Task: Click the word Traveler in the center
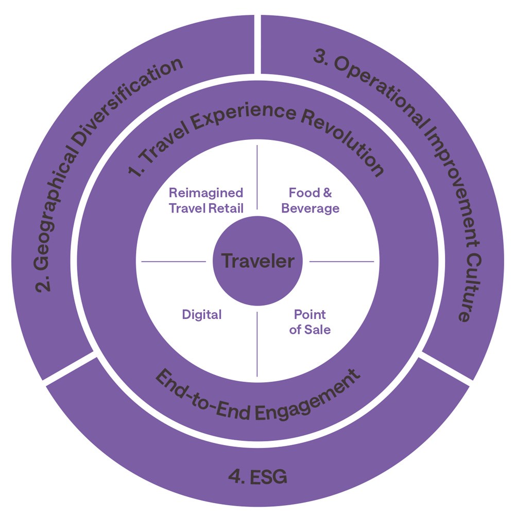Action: click(x=257, y=261)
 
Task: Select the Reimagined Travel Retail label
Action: click(x=206, y=200)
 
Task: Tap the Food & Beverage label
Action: click(x=310, y=200)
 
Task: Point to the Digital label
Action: click(x=202, y=314)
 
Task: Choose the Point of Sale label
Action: click(x=310, y=322)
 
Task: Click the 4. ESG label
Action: click(x=257, y=476)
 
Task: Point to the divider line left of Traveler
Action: click(x=173, y=261)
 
